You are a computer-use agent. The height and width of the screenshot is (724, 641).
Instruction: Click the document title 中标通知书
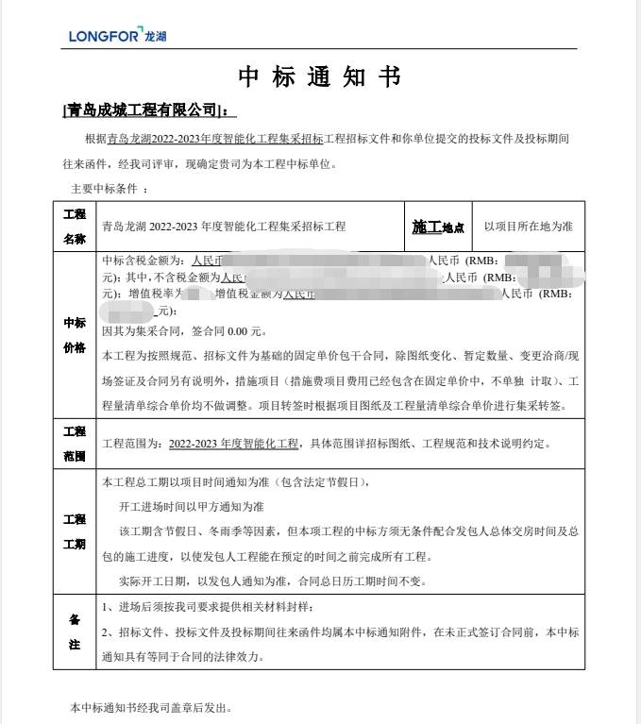click(320, 77)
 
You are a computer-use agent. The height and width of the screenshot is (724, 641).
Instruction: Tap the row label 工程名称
click(75, 227)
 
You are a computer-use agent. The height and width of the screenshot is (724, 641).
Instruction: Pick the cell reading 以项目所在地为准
click(528, 227)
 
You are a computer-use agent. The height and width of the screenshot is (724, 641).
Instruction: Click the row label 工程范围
click(75, 444)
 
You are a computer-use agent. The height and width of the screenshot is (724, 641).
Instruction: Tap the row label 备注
click(75, 631)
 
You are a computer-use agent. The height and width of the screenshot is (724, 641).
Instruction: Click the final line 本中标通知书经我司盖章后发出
click(151, 707)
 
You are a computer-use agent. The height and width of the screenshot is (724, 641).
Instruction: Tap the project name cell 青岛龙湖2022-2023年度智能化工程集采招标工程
click(224, 227)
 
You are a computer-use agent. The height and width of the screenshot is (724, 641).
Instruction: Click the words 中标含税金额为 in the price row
click(142, 261)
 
